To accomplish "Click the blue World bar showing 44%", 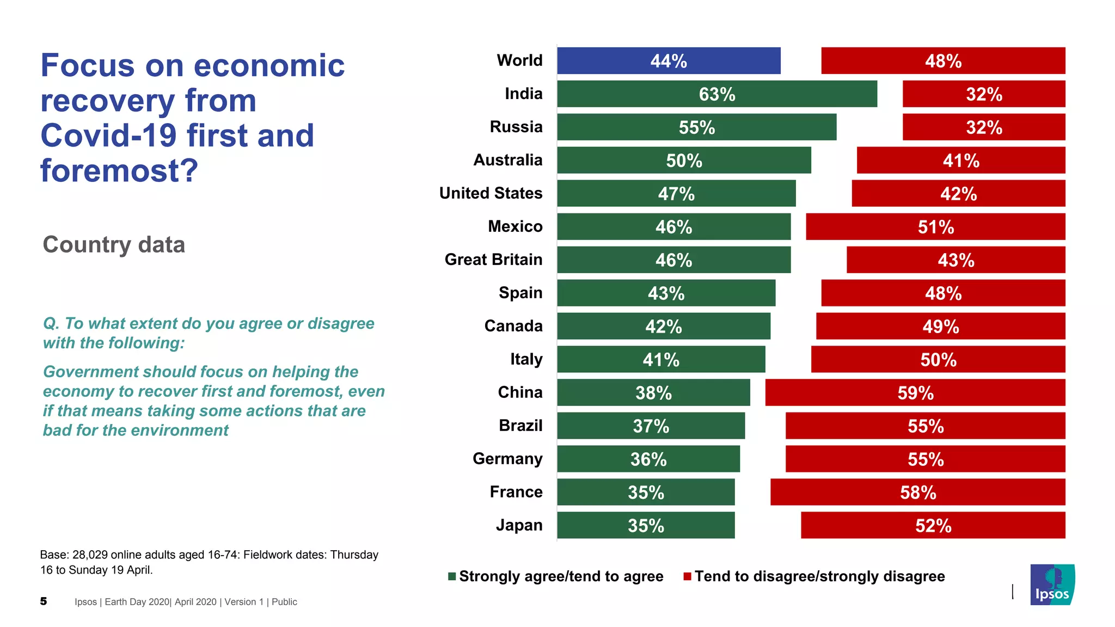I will tap(669, 60).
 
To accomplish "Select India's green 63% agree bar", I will tap(716, 94).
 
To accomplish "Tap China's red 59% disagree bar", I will tap(915, 392).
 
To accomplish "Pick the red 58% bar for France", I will tap(917, 492).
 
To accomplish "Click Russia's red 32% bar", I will tap(983, 127).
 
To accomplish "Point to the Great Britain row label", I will tap(493, 260).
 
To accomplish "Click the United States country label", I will tap(491, 193).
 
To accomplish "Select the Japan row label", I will tap(519, 525).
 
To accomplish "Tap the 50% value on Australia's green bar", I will tap(684, 161).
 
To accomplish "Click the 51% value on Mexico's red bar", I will tap(935, 227).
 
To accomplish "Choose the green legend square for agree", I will tap(452, 576).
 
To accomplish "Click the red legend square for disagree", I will tap(687, 576).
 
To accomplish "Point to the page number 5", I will tap(44, 601).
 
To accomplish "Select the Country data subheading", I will tap(114, 244).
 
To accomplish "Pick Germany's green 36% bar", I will tap(648, 459).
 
